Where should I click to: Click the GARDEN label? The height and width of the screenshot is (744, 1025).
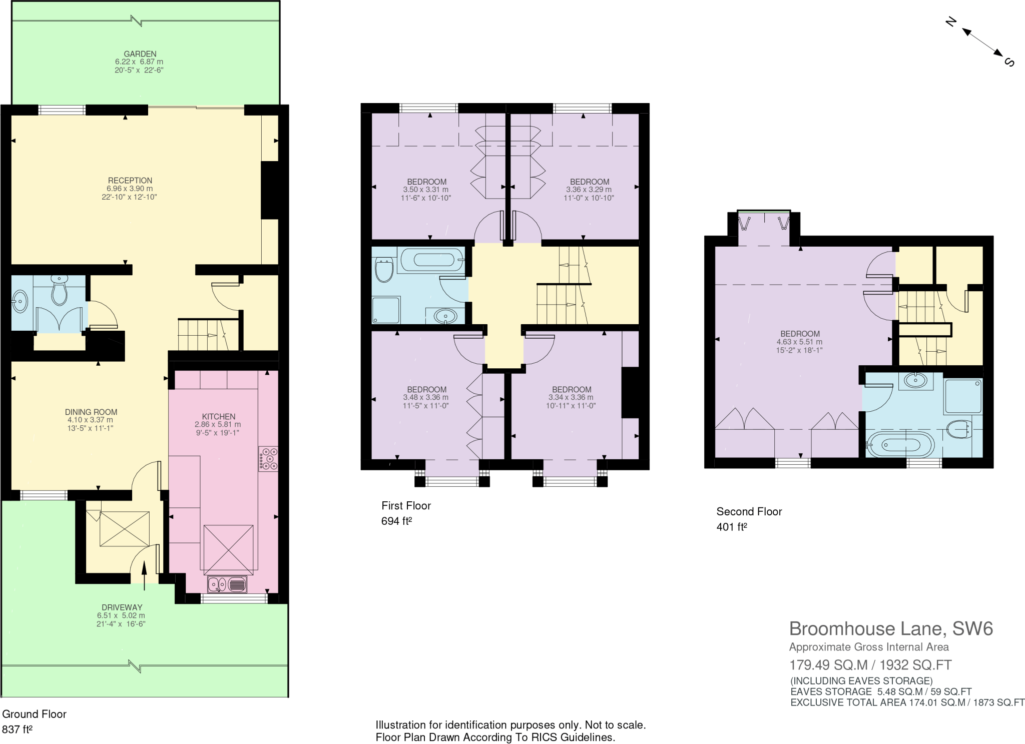pyautogui.click(x=140, y=54)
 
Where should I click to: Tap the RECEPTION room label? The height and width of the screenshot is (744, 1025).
pyautogui.click(x=130, y=181)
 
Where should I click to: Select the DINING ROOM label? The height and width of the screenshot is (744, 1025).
pyautogui.click(x=91, y=412)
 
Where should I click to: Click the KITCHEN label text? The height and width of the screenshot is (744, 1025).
pyautogui.click(x=218, y=416)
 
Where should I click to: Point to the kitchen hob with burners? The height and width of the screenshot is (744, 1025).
pyautogui.click(x=268, y=459)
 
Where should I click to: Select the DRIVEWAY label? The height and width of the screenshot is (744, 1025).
pyautogui.click(x=120, y=607)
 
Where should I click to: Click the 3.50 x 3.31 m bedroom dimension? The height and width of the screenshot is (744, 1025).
pyautogui.click(x=426, y=190)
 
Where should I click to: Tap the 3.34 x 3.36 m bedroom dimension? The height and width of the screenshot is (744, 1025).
pyautogui.click(x=571, y=397)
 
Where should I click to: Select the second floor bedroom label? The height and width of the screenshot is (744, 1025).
pyautogui.click(x=800, y=334)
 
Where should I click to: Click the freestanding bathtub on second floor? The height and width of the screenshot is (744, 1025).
pyautogui.click(x=900, y=444)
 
